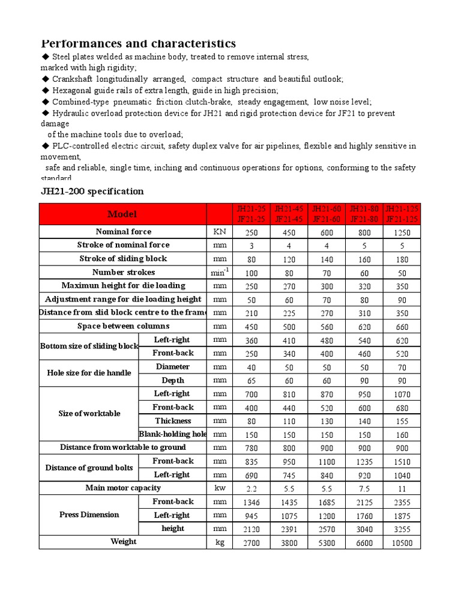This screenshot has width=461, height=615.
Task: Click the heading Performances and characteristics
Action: click(138, 43)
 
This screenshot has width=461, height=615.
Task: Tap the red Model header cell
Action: click(122, 214)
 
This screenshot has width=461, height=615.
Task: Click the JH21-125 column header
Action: click(402, 214)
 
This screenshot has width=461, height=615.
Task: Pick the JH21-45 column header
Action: click(289, 214)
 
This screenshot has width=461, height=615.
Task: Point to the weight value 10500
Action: click(402, 542)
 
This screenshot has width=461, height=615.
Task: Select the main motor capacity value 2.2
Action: click(252, 489)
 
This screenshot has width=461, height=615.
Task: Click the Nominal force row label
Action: click(123, 232)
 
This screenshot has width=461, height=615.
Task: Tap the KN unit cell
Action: click(219, 232)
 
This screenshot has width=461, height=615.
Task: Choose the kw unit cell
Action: click(219, 488)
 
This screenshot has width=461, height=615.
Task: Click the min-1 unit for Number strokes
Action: click(219, 272)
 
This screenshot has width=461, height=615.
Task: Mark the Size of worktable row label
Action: click(89, 414)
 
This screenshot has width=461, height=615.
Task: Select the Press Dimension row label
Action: click(89, 515)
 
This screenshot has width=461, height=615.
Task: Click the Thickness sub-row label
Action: click(173, 421)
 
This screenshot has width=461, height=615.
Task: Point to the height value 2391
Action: click(289, 529)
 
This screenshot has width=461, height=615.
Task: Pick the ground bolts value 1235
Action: click(364, 462)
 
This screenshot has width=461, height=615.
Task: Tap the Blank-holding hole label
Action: click(173, 434)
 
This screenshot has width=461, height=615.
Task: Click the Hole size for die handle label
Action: click(89, 373)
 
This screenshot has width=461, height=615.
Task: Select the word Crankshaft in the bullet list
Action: click(75, 79)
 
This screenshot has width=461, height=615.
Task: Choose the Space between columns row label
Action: click(123, 326)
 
